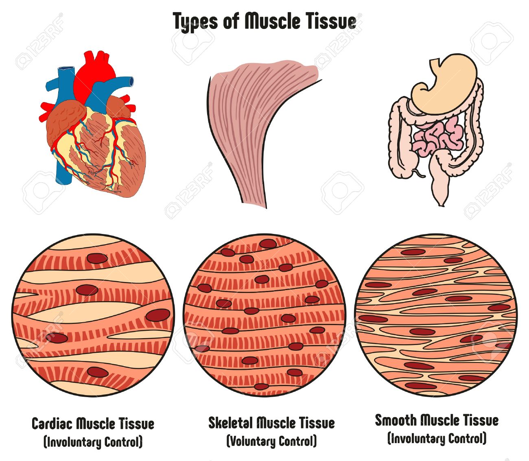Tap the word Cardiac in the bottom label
pos(52,424)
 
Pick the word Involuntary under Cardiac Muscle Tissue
pos(73,442)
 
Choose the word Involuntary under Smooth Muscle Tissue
pos(417,439)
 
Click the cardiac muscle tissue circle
pos(94,315)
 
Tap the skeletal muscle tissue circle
pos(264,315)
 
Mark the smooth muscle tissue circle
pos(435,315)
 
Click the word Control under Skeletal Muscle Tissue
pos(298,441)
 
